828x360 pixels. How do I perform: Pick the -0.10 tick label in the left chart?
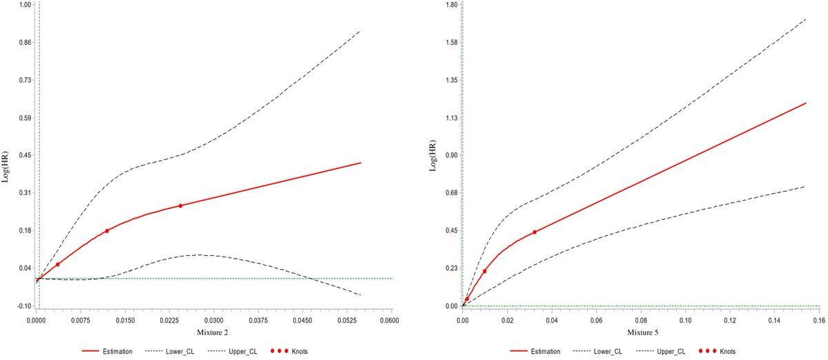click(23, 306)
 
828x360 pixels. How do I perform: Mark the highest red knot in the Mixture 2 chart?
click(181, 206)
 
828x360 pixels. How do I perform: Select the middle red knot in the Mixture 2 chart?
click(107, 231)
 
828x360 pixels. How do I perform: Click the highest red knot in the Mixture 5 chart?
click(535, 232)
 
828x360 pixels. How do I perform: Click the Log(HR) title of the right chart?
click(434, 155)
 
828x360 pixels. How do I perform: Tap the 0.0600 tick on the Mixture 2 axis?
click(391, 321)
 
